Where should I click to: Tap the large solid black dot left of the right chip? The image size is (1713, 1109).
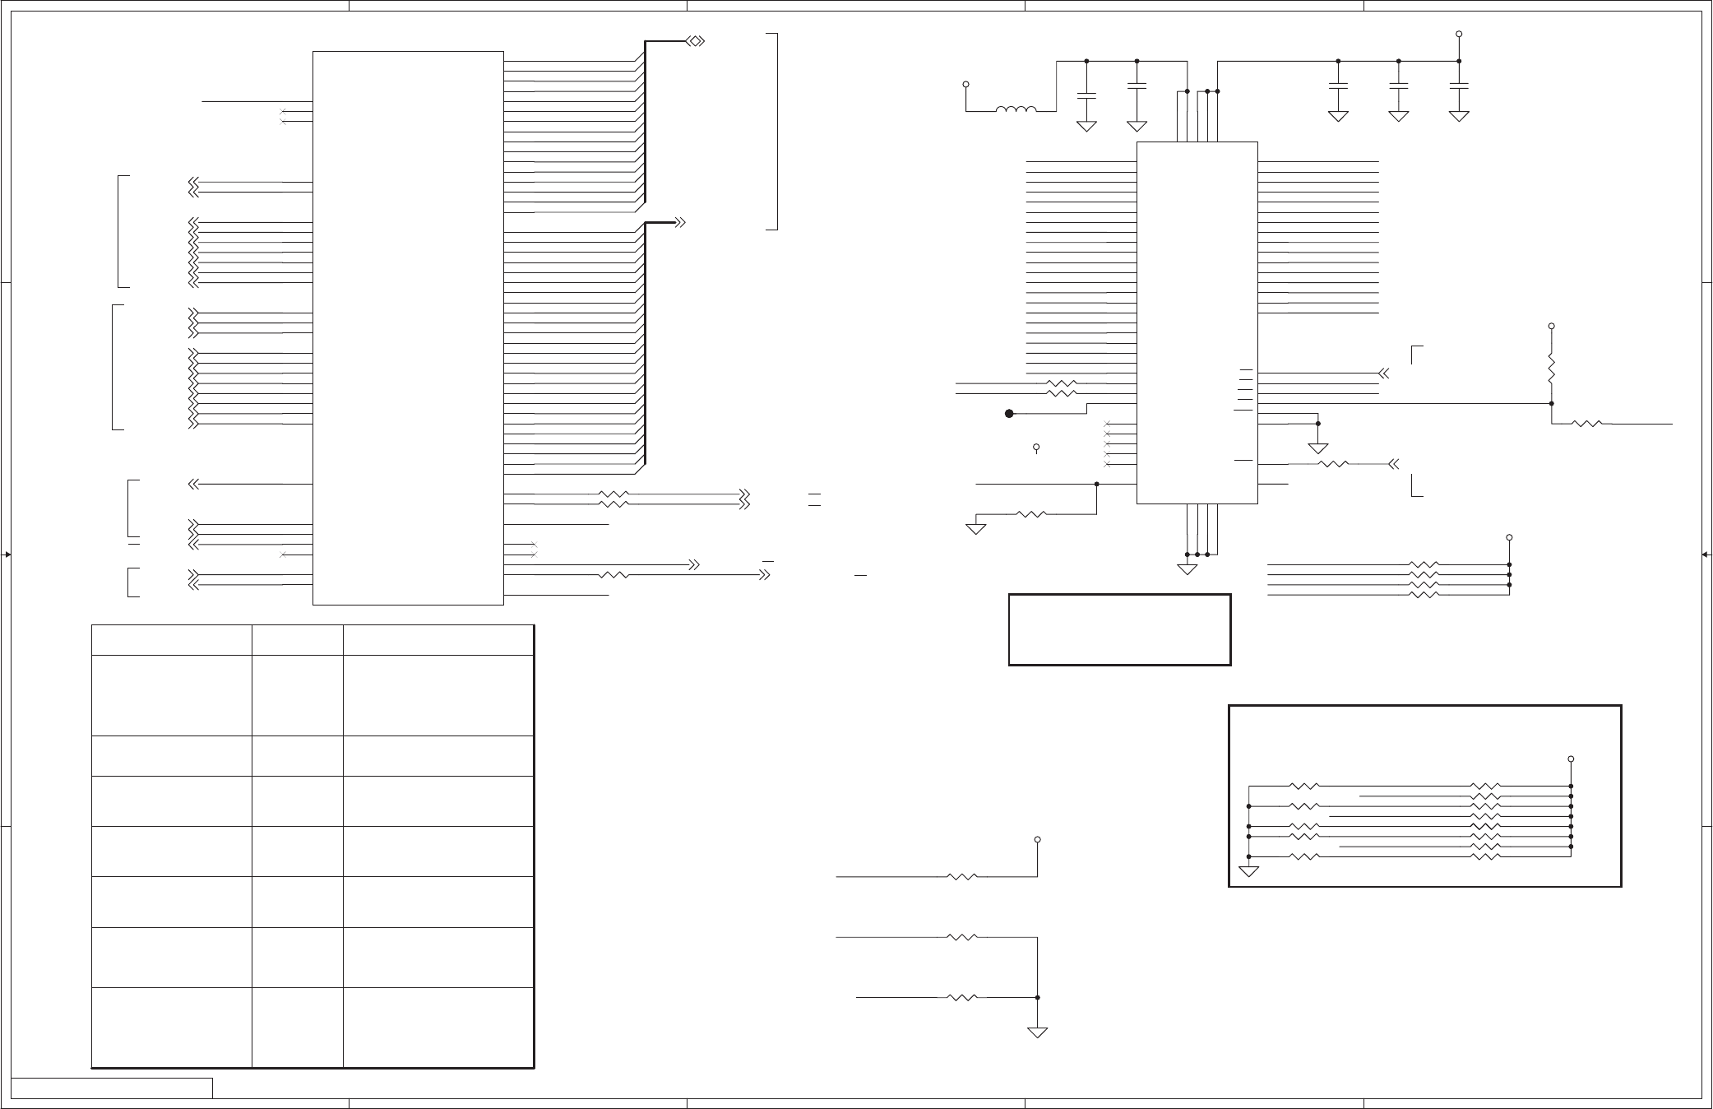pyautogui.click(x=1009, y=414)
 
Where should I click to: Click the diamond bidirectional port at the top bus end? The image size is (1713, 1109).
pyautogui.click(x=695, y=40)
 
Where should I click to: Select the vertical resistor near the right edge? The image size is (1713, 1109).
pyautogui.click(x=1551, y=369)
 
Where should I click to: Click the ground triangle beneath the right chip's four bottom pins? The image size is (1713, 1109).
pyautogui.click(x=1188, y=569)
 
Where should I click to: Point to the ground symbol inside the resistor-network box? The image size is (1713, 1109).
pyautogui.click(x=1248, y=871)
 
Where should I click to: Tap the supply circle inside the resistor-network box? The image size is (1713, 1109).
pyautogui.click(x=1571, y=759)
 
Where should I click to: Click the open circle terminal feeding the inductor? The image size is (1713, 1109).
pyautogui.click(x=966, y=84)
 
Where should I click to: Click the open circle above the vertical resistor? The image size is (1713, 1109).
pyautogui.click(x=1551, y=327)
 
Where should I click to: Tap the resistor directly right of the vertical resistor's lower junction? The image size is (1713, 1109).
pyautogui.click(x=1586, y=424)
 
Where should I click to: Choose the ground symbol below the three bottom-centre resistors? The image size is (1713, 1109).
pyautogui.click(x=1038, y=1032)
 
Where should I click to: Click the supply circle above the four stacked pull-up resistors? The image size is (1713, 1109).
pyautogui.click(x=1509, y=537)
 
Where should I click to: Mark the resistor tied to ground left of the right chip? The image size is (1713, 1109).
pyautogui.click(x=1030, y=514)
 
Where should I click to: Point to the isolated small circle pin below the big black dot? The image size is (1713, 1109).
pyautogui.click(x=1036, y=448)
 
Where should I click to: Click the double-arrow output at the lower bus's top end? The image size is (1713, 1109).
pyautogui.click(x=680, y=222)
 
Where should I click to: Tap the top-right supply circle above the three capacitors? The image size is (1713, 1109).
pyautogui.click(x=1458, y=35)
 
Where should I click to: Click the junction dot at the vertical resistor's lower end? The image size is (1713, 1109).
pyautogui.click(x=1551, y=403)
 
